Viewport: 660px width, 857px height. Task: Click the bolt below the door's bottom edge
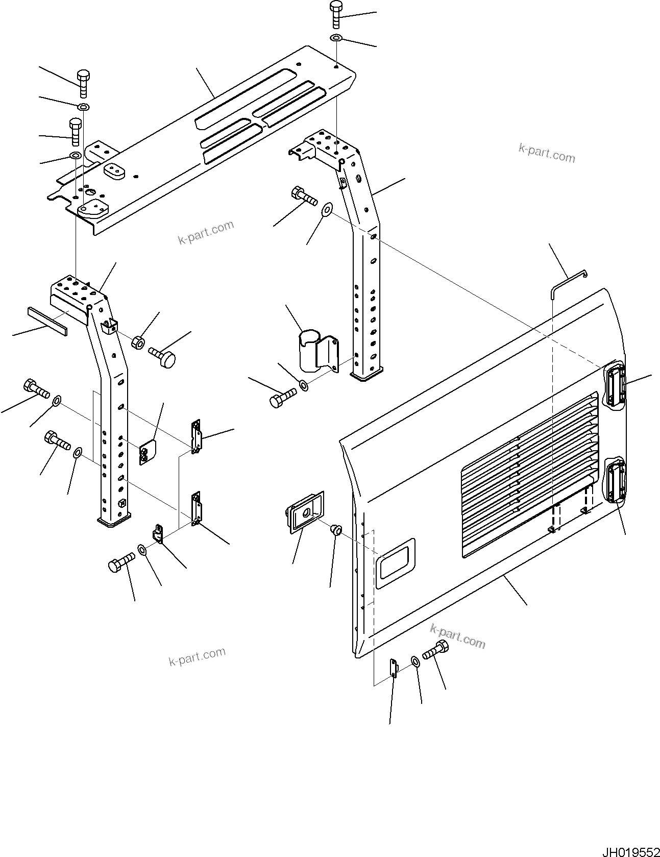tap(435, 651)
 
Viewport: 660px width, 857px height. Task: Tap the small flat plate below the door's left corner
tap(394, 668)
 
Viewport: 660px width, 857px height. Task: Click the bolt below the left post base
tap(121, 565)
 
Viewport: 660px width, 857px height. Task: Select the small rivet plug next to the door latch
tap(336, 530)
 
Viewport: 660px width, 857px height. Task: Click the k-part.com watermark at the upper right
tap(546, 153)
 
